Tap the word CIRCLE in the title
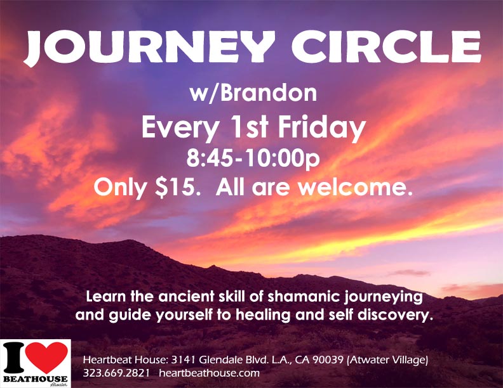point(386,47)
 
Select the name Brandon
point(269,93)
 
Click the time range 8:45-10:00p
point(253,158)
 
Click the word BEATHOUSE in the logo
point(36,379)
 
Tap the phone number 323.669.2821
point(116,373)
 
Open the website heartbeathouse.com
point(209,373)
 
